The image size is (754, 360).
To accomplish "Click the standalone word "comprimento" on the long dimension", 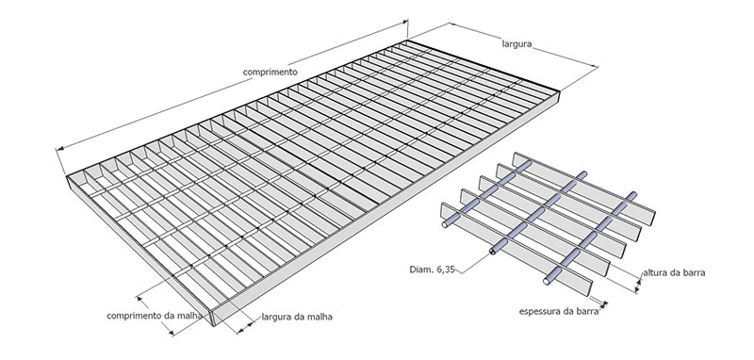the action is click(270, 73).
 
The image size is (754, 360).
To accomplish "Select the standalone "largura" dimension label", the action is click(516, 44).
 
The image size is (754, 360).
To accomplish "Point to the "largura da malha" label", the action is click(297, 318).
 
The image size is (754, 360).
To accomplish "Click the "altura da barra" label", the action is click(674, 273).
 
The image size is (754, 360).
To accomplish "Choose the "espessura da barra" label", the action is click(559, 311).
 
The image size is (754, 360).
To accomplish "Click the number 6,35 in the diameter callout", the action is click(445, 270).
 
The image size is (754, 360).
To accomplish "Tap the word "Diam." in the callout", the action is click(421, 270).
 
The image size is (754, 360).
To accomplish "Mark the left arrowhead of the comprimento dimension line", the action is click(59, 150).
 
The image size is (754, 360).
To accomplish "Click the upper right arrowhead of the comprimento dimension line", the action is click(404, 22).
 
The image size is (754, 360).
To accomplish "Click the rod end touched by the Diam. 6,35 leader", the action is click(493, 252).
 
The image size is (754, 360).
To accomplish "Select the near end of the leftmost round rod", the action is click(446, 224).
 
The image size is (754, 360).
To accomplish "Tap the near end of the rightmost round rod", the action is click(547, 281).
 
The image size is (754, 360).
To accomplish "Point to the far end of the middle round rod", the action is click(583, 175).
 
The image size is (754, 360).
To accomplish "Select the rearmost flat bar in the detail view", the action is click(584, 188).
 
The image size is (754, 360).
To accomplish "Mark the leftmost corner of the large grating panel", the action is click(66, 176).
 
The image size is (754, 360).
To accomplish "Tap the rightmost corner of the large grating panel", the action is click(561, 90).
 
